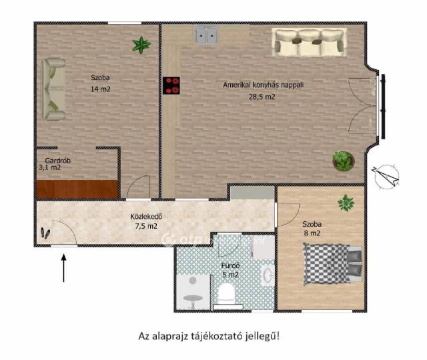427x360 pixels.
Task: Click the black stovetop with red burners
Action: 171,85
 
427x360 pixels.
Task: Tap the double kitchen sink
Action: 207,35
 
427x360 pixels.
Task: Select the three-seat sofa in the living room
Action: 310,42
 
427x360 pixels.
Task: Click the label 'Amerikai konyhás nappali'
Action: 263,85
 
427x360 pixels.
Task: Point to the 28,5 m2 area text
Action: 262,97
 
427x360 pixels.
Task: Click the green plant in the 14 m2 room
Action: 141,45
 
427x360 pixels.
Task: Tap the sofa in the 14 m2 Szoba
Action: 53,89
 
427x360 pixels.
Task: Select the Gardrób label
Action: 58,161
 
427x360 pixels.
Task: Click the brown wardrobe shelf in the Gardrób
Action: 77,189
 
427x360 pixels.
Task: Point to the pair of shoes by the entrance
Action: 45,233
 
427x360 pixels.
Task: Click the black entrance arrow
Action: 64,268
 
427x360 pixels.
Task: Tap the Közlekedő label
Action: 147,217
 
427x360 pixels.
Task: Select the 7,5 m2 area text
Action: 146,226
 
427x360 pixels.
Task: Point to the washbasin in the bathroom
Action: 268,275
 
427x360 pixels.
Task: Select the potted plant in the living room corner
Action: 344,161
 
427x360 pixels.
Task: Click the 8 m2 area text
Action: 312,233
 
